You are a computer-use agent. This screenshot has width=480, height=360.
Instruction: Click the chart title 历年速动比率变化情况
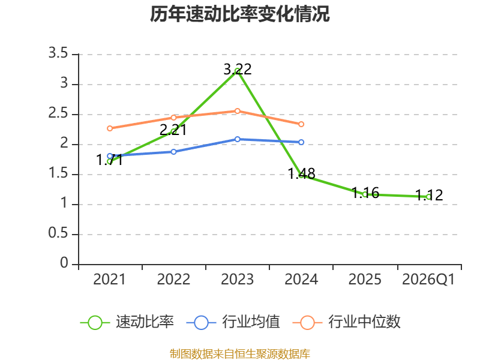point(239,14)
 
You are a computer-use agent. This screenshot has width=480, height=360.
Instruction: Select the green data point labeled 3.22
point(237,71)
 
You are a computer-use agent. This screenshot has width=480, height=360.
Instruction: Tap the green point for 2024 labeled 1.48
point(301,175)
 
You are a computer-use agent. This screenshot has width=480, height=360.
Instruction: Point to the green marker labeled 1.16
point(365,194)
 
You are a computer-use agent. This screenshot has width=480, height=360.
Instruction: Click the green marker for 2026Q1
point(429,197)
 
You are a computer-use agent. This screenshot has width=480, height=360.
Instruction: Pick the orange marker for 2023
point(237,111)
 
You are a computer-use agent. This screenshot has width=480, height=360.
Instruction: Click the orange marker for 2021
point(110,128)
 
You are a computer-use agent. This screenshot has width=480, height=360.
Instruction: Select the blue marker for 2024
point(301,142)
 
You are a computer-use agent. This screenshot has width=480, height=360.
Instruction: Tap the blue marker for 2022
point(173,152)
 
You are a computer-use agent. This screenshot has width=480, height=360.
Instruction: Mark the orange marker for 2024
point(301,124)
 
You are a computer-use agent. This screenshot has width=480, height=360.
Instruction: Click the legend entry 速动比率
point(127,322)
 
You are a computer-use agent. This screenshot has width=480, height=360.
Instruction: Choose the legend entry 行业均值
point(233,322)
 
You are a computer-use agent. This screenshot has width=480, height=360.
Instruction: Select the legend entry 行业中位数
point(347,322)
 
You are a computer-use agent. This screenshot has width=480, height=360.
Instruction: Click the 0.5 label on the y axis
point(58,233)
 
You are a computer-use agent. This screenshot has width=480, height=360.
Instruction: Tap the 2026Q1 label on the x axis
point(428,280)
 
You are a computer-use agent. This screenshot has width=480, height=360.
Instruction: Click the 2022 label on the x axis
point(173,280)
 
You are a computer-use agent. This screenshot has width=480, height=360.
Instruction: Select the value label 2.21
point(173,130)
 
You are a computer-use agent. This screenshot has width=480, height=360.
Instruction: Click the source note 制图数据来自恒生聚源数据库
point(240,354)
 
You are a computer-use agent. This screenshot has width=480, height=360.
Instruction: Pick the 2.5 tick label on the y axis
point(58,113)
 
